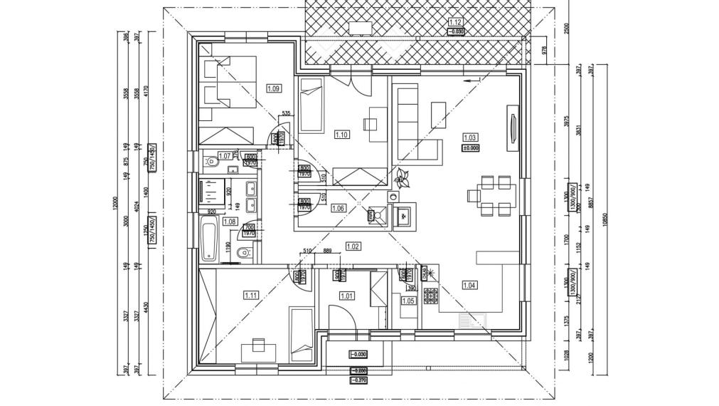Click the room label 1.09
click(x=274, y=88)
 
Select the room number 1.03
click(x=470, y=137)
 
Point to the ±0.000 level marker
click(x=470, y=148)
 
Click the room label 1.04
click(x=469, y=286)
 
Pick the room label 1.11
click(x=250, y=295)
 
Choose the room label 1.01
click(x=347, y=296)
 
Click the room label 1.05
click(x=408, y=301)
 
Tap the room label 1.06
click(x=338, y=208)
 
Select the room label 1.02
click(x=353, y=246)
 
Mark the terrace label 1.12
click(x=456, y=23)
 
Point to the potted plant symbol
click(x=400, y=176)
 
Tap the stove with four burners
click(x=431, y=294)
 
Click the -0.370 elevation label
click(x=359, y=380)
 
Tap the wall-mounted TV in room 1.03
click(x=512, y=128)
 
